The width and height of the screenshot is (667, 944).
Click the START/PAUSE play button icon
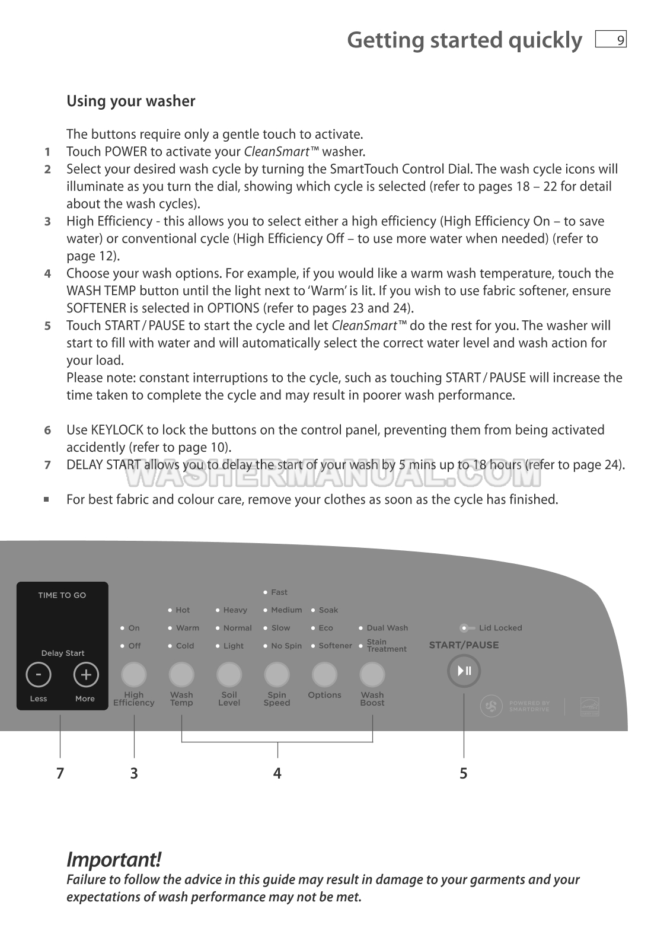[x=464, y=671]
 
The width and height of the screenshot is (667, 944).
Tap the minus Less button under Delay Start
[x=39, y=675]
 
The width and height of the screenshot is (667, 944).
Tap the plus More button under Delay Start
[x=86, y=675]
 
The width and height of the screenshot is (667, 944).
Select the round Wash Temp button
[x=181, y=675]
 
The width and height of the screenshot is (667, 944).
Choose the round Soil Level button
[x=229, y=675]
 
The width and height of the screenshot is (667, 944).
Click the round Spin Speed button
[x=277, y=675]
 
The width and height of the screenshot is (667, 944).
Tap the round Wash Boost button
[x=372, y=675]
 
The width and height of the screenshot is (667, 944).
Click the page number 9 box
[x=611, y=40]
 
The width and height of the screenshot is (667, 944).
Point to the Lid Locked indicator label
[x=500, y=628]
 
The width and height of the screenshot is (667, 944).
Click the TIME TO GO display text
[x=62, y=595]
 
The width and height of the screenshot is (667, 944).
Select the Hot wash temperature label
[x=183, y=610]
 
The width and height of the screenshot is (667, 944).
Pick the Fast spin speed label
[x=279, y=592]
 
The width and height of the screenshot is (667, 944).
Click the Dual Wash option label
[x=387, y=628]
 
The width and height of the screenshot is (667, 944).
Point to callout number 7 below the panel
[x=60, y=773]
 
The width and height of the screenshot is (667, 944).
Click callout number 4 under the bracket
[x=277, y=773]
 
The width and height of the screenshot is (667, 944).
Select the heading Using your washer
[x=130, y=101]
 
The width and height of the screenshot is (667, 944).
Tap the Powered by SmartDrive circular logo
[x=491, y=706]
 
